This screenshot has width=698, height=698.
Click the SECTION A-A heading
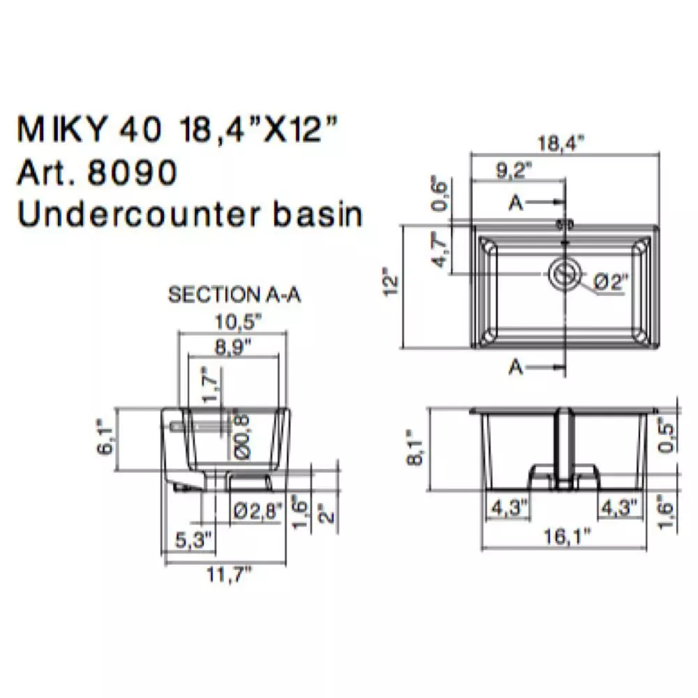pyautogui.click(x=235, y=295)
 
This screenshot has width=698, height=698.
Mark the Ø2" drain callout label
pyautogui.click(x=611, y=282)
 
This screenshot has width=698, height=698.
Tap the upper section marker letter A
pyautogui.click(x=516, y=202)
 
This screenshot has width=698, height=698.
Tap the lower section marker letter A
pyautogui.click(x=516, y=367)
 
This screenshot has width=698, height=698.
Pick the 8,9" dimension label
pyautogui.click(x=234, y=350)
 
